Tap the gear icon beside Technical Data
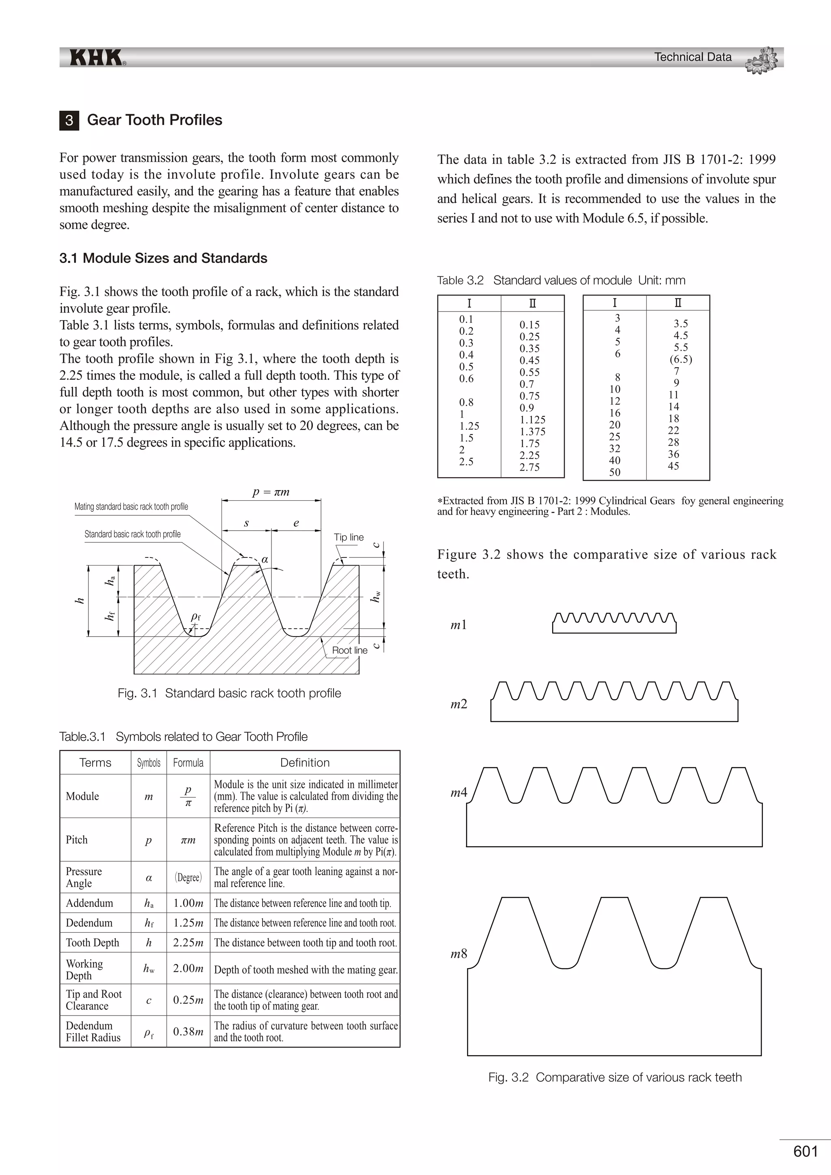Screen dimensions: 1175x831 point(761,60)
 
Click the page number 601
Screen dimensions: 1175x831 point(805,1151)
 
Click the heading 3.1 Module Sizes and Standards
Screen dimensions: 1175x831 point(163,258)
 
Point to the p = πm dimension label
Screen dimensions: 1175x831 point(271,492)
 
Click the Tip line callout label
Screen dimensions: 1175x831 point(349,537)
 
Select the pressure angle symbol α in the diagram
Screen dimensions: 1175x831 point(265,560)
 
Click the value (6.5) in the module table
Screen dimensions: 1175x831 point(680,359)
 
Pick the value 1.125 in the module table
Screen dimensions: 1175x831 point(532,420)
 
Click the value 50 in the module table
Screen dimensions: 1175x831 point(615,472)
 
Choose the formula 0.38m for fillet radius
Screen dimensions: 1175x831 point(188,1031)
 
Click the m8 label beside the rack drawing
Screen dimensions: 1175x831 point(459,953)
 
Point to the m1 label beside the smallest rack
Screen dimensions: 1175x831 point(459,625)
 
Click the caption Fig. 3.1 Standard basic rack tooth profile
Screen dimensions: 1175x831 point(229,693)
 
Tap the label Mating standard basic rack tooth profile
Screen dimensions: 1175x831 point(131,507)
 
